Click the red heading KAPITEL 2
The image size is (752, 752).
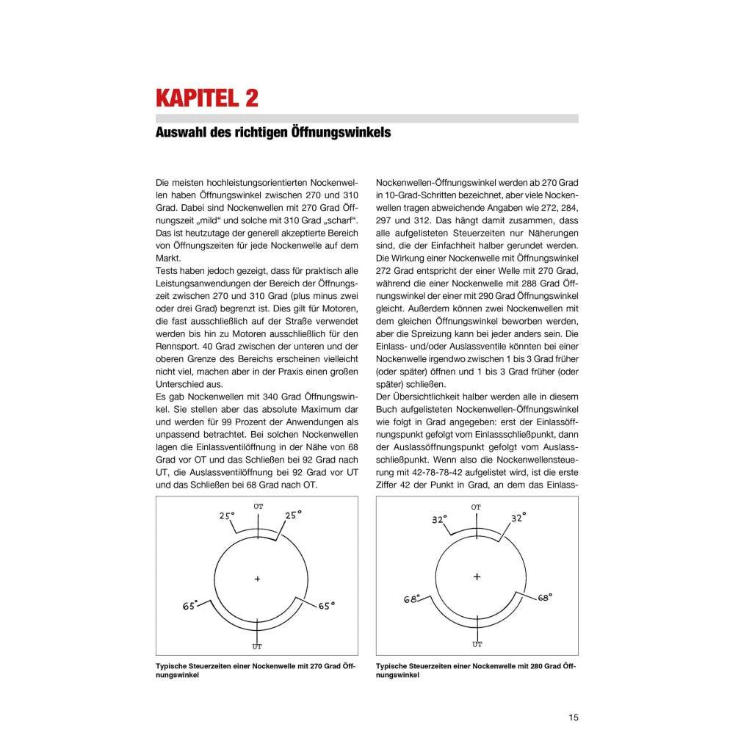(206, 98)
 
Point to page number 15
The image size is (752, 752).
(573, 717)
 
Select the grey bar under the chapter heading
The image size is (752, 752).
(366, 118)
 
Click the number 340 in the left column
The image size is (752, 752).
(270, 397)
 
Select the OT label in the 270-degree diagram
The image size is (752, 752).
(258, 507)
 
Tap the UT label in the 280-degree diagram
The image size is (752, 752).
(477, 644)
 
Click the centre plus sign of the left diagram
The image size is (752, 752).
(258, 579)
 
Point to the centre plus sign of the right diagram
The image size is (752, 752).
(477, 576)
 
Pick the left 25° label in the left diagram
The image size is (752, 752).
(226, 516)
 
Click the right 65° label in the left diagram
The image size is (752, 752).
(327, 606)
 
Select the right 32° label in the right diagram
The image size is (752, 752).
(518, 518)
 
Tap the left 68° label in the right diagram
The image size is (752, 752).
(411, 599)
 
